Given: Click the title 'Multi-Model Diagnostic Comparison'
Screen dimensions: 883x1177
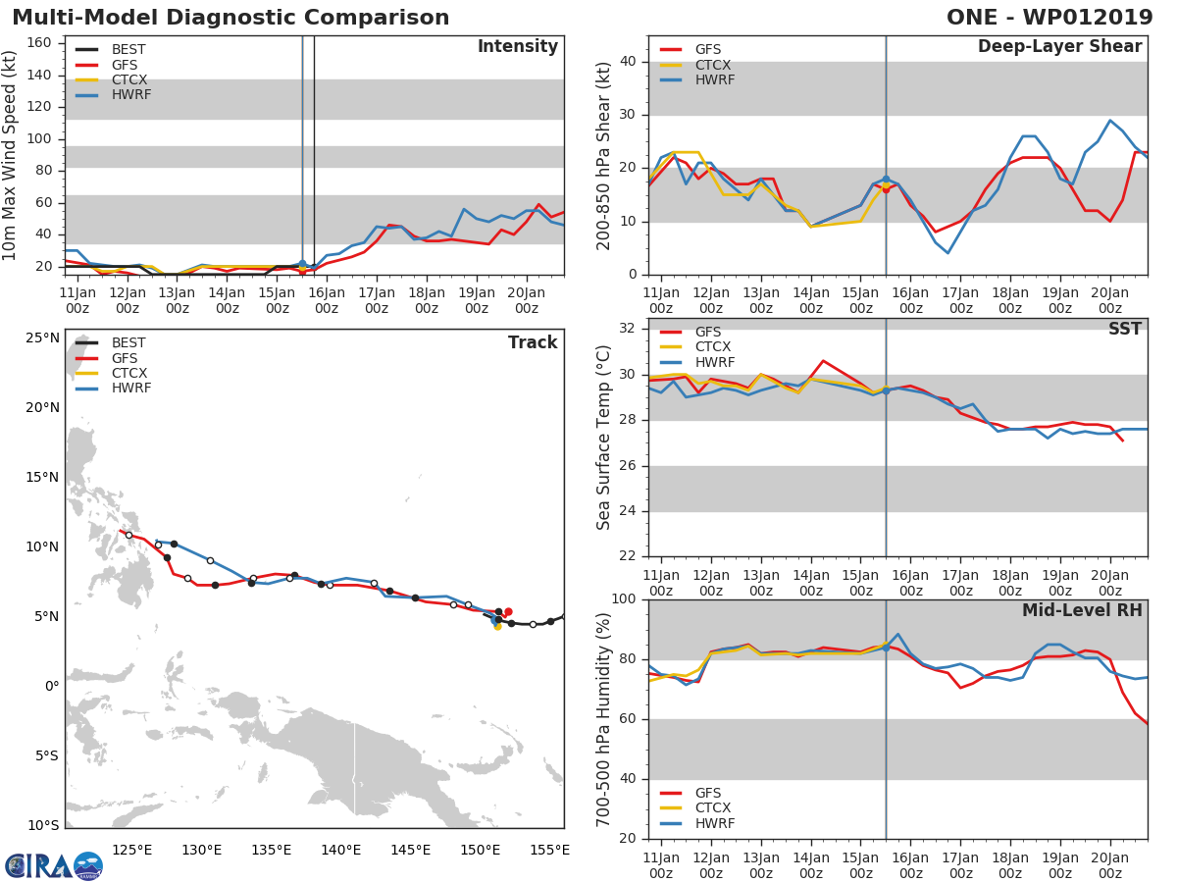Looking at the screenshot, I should tap(230, 18).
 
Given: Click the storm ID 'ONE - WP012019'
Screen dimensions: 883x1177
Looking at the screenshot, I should tap(1049, 18).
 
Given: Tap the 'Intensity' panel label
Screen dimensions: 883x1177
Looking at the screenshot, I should tap(517, 47).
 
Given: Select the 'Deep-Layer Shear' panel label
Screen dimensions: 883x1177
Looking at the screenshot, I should tap(1059, 47).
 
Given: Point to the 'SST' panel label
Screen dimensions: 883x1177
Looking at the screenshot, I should tap(1124, 330).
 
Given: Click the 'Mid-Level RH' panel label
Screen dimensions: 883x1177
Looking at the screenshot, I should tap(1082, 610).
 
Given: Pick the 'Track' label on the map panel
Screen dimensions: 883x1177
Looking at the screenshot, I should tap(533, 342).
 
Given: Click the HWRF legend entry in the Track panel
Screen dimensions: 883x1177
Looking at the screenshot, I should tap(131, 389).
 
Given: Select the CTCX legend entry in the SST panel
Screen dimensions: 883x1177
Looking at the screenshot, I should tap(713, 347).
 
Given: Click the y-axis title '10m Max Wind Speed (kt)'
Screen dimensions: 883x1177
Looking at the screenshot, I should tap(11, 155).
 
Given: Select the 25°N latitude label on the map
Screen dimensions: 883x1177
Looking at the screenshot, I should tap(42, 338).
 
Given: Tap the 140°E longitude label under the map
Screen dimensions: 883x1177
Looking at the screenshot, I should tap(340, 850).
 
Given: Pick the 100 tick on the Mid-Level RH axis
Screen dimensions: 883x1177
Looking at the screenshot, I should tap(623, 599).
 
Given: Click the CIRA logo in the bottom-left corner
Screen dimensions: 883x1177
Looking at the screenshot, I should tap(54, 865).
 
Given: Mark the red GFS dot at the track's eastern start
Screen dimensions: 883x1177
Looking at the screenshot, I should tap(508, 612).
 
